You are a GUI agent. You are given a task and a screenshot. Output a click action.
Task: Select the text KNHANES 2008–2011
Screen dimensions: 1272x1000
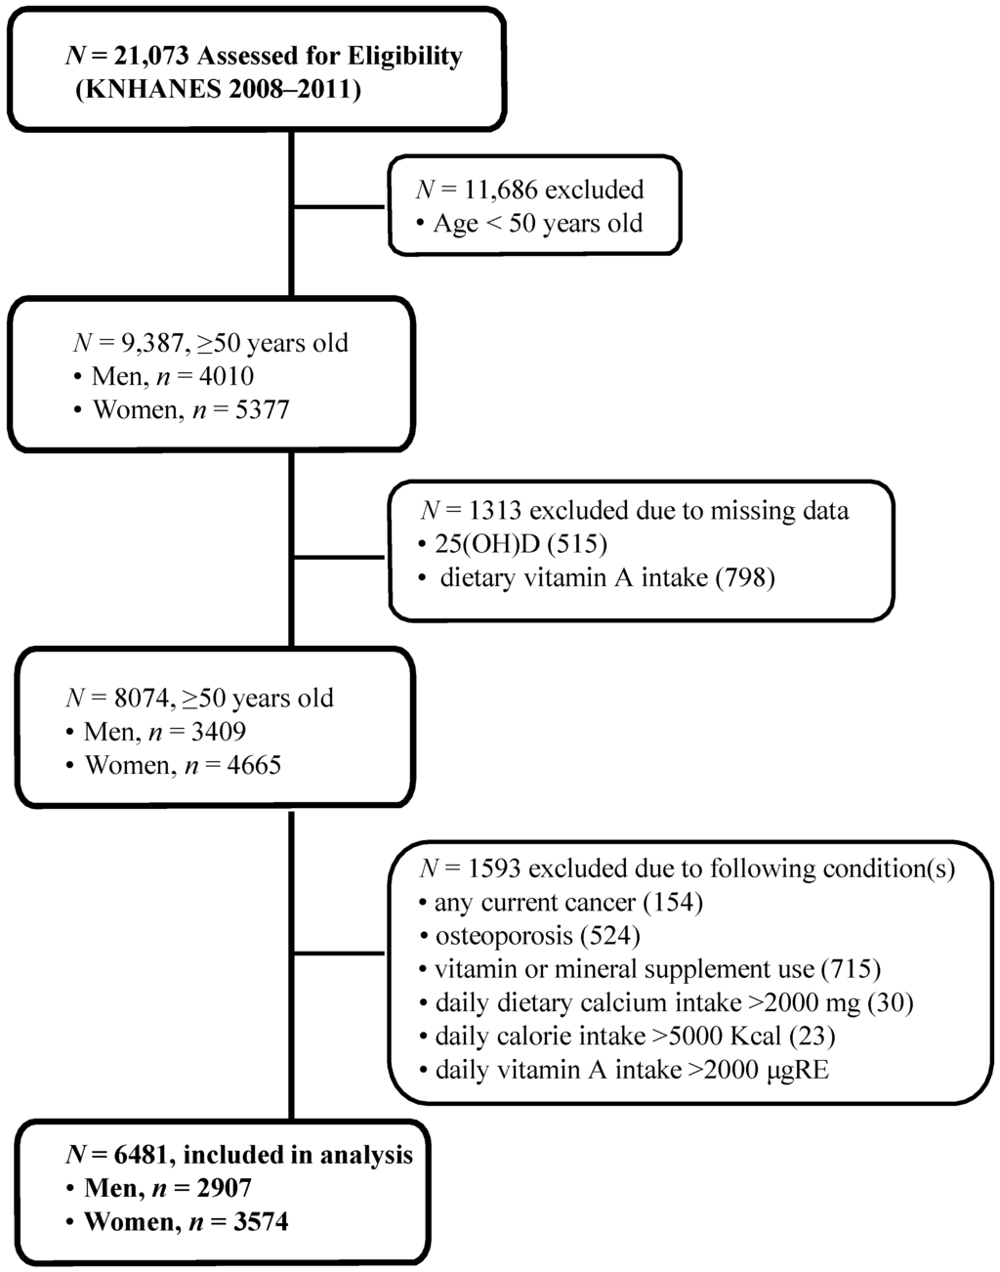pos(218,91)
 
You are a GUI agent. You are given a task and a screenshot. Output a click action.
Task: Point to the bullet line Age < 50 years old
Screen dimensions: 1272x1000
pos(537,224)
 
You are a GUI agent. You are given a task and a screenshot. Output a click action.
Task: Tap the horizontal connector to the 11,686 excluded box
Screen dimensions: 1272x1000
pos(340,206)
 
